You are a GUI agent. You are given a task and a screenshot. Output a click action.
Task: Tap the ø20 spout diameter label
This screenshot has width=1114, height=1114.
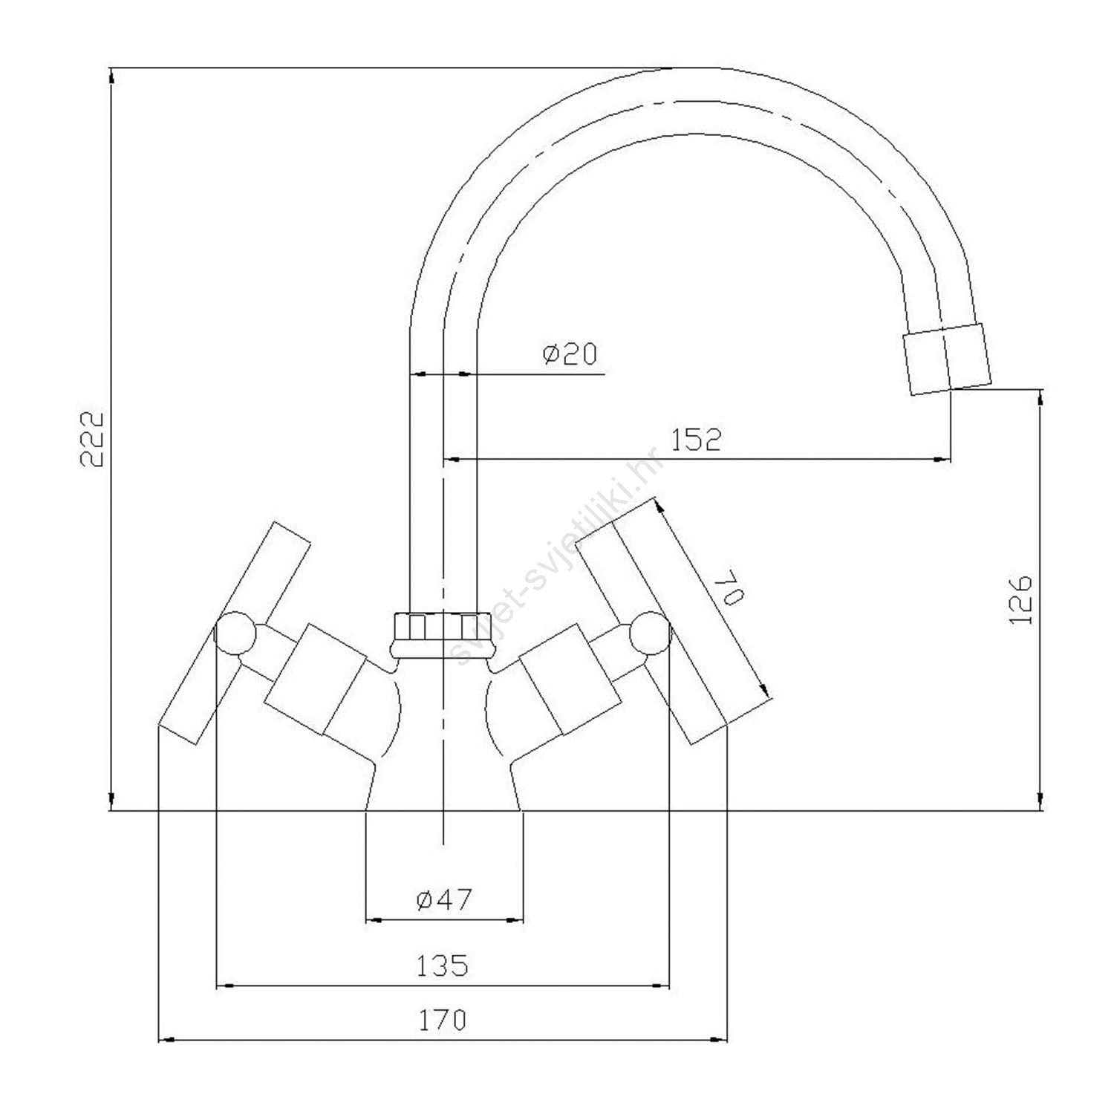(x=570, y=354)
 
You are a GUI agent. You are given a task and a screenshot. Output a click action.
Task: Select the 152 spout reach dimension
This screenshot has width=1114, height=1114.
(x=696, y=440)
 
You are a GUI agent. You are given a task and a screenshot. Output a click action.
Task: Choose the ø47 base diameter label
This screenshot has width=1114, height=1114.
(x=444, y=900)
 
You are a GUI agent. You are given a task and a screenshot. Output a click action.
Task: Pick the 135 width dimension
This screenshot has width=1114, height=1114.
(x=442, y=965)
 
